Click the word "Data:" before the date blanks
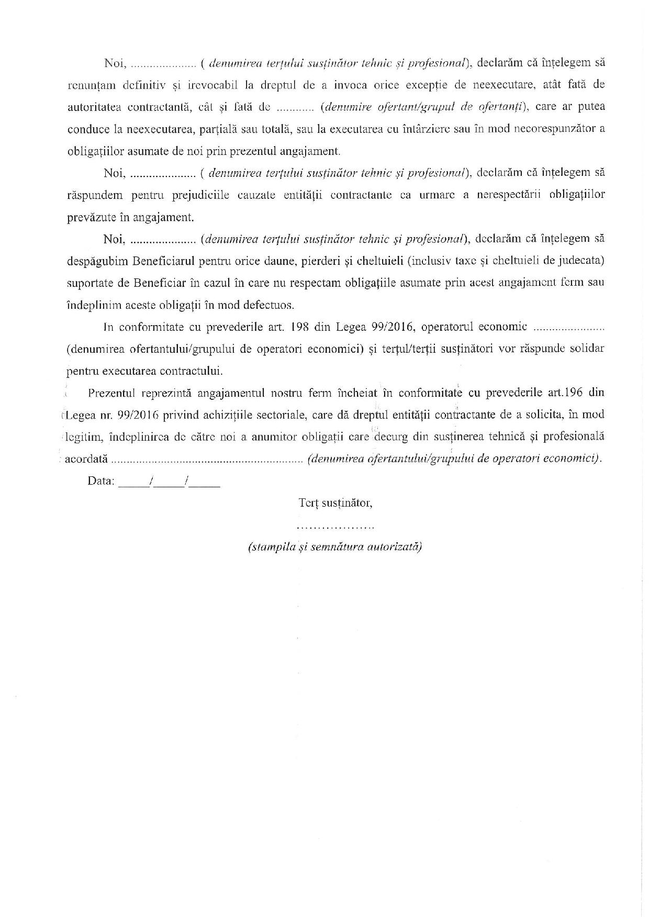[x=101, y=480]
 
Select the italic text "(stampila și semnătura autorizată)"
[x=335, y=547]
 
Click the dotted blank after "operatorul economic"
[x=568, y=328]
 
